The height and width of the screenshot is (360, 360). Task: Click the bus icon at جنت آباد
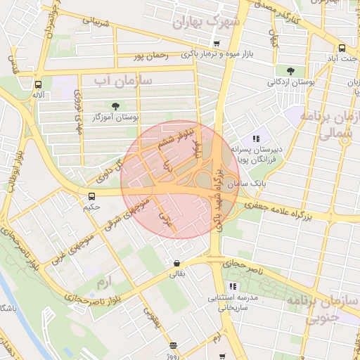[342, 49]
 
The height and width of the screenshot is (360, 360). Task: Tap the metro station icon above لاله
[37, 82]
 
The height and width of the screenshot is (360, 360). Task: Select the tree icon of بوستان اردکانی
[290, 70]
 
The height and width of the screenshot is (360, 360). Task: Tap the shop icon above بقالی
[175, 264]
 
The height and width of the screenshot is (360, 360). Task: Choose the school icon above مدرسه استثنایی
[232, 286]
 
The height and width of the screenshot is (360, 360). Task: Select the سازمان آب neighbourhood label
[123, 82]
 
